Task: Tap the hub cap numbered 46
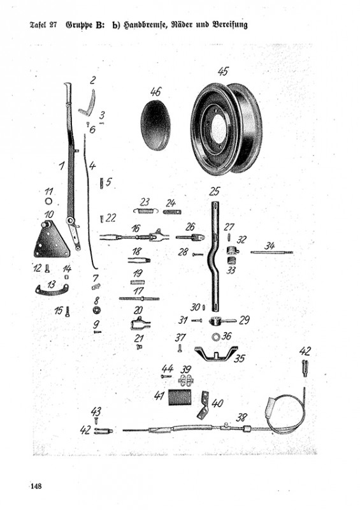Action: click(x=155, y=125)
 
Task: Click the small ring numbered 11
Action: click(x=48, y=201)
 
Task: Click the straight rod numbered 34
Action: click(x=272, y=252)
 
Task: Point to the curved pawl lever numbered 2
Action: click(x=88, y=103)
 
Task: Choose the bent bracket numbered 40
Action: click(x=202, y=405)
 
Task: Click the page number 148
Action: click(x=36, y=486)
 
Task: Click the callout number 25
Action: click(x=214, y=191)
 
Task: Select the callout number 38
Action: click(x=241, y=417)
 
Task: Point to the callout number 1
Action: click(x=61, y=166)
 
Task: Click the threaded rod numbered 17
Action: click(x=139, y=298)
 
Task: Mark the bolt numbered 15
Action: click(x=68, y=312)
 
